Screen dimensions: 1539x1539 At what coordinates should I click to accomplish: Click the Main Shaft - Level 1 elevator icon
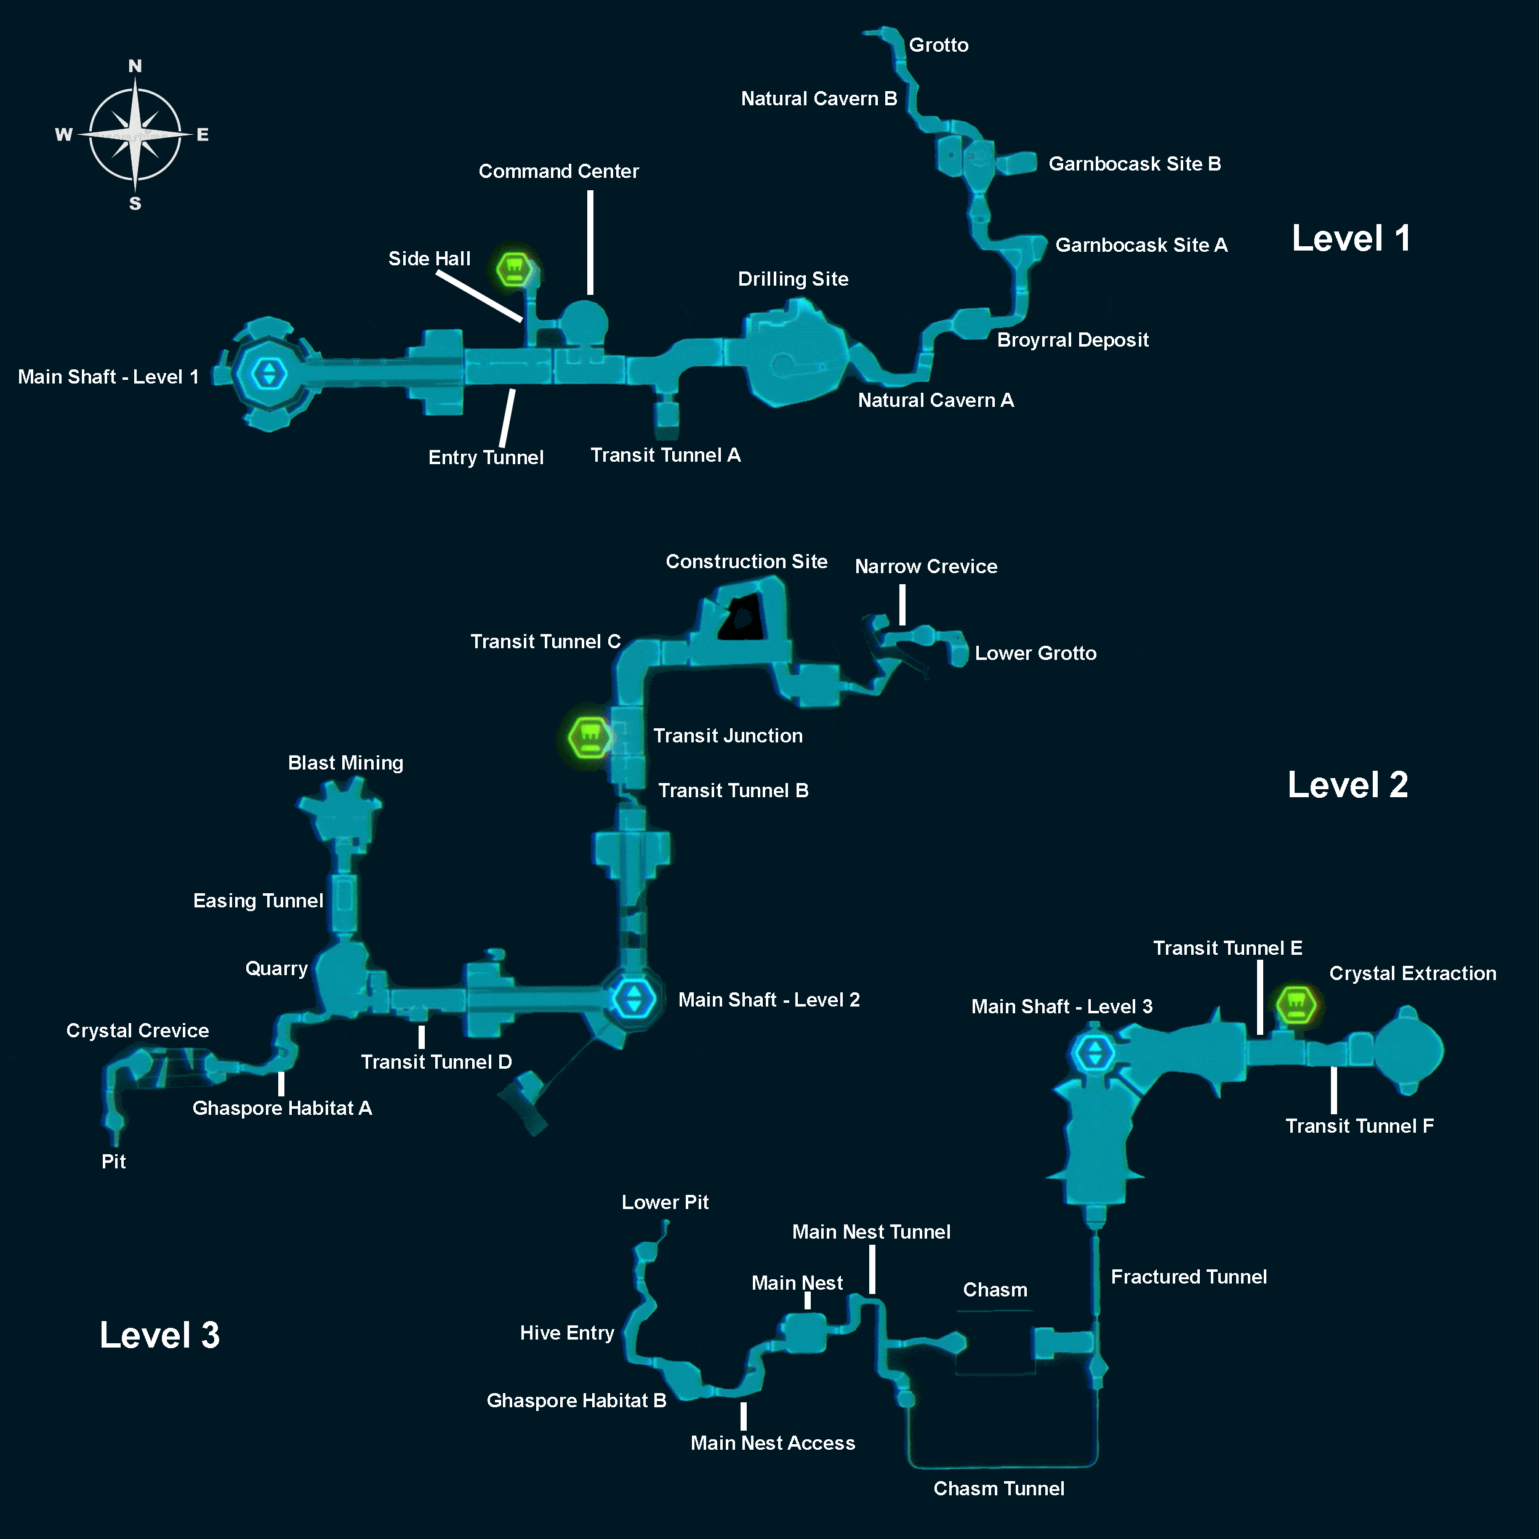pyautogui.click(x=268, y=374)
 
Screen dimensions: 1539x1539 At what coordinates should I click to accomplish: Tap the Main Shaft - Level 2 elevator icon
pyautogui.click(x=634, y=997)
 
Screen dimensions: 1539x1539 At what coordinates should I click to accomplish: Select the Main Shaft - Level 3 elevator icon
pyautogui.click(x=1095, y=1053)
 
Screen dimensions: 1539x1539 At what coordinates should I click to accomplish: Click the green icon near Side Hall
pyautogui.click(x=514, y=270)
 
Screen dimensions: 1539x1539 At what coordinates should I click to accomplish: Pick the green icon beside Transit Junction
pyautogui.click(x=590, y=737)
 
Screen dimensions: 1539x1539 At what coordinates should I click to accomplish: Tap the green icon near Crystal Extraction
pyautogui.click(x=1295, y=1005)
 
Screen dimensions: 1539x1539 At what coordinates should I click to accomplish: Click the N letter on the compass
pyautogui.click(x=135, y=66)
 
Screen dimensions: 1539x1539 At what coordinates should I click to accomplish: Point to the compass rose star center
pyautogui.click(x=135, y=135)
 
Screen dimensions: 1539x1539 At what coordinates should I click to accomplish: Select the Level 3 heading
pyautogui.click(x=159, y=1335)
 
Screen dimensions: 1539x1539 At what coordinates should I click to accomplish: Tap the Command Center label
pyautogui.click(x=558, y=171)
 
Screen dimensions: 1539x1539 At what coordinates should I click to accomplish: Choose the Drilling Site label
pyautogui.click(x=793, y=279)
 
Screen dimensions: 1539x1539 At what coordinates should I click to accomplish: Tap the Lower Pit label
pyautogui.click(x=664, y=1202)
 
